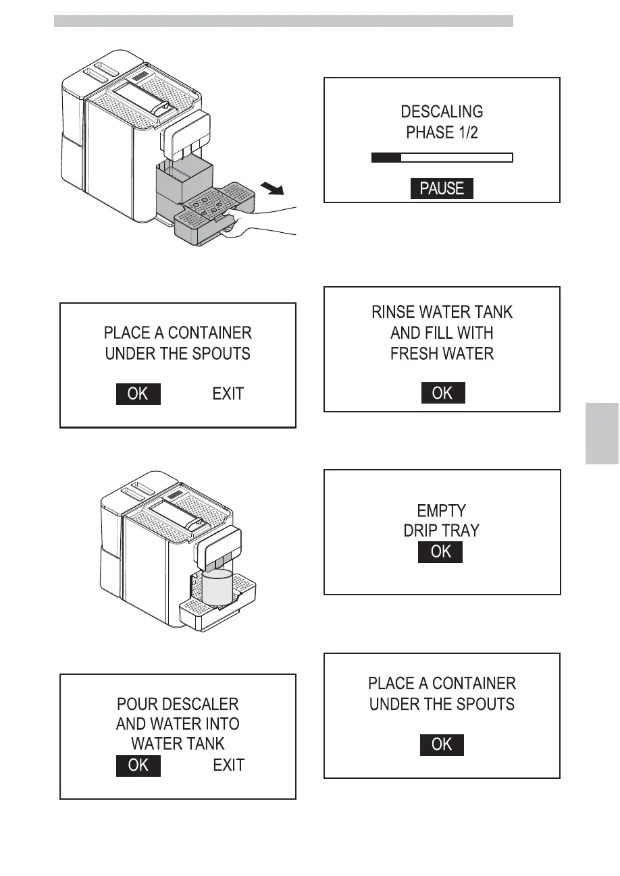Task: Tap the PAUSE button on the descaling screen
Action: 442,189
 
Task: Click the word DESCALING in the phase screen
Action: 442,111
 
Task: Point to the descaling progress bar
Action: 442,158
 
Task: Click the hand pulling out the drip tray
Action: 263,223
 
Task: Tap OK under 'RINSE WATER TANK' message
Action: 442,393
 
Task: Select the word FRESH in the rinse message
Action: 417,354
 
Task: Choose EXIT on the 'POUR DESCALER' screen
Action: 228,765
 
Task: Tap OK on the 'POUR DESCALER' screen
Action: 138,765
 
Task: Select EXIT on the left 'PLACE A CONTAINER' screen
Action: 228,393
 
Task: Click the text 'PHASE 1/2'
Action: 442,132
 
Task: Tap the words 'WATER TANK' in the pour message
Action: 178,744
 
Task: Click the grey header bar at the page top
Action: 284,22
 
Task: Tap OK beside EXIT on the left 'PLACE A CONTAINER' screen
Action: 138,393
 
